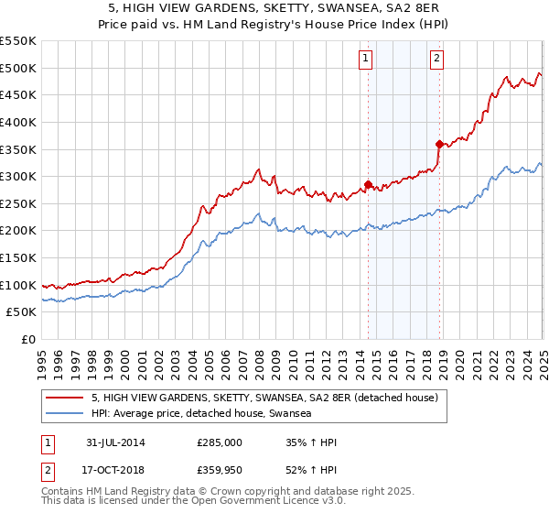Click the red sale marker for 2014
click(x=368, y=184)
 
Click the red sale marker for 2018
click(x=439, y=143)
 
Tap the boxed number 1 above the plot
click(x=365, y=60)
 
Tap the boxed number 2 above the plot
click(x=436, y=60)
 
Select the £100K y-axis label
click(x=20, y=285)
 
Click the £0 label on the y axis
click(x=27, y=339)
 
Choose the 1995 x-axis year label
click(x=42, y=358)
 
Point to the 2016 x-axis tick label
click(x=393, y=358)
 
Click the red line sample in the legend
click(x=65, y=398)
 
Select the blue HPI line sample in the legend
click(x=65, y=414)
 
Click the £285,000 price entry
click(x=220, y=442)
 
